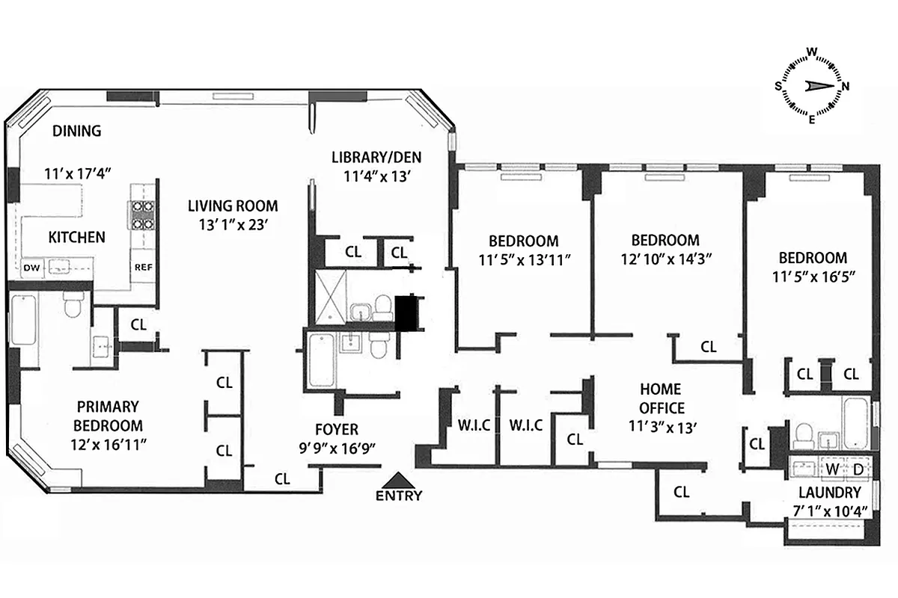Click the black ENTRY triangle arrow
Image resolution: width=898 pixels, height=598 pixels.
(x=399, y=480)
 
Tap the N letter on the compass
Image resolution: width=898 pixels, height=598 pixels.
(x=846, y=86)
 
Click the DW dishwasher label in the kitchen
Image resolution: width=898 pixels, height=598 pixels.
(x=31, y=267)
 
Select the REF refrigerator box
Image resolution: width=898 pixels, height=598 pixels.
(x=142, y=267)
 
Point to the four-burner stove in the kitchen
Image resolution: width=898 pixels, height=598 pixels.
(x=143, y=215)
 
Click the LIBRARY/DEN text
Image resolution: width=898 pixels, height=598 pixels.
(x=376, y=157)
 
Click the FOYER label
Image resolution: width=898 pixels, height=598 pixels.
(x=336, y=429)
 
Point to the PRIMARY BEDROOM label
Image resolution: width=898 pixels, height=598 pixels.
(x=109, y=416)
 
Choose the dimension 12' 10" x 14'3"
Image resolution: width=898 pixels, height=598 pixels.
(x=665, y=259)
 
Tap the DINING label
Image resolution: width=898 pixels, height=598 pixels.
(x=76, y=132)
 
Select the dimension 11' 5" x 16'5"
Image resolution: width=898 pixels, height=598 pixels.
(x=813, y=276)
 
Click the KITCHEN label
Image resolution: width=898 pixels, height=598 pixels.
(x=76, y=238)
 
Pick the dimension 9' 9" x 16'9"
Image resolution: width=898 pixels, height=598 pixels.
(x=336, y=447)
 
